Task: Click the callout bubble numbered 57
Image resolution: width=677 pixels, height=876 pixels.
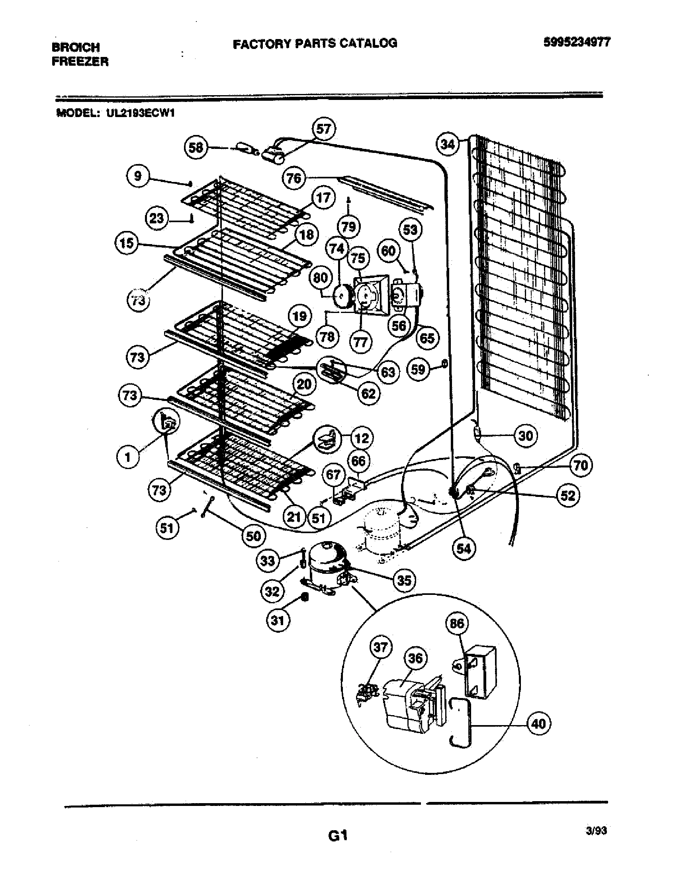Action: pyautogui.click(x=323, y=129)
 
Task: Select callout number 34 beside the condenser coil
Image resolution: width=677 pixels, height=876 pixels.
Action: pyautogui.click(x=448, y=144)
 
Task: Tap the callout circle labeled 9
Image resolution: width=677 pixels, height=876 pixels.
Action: pyautogui.click(x=137, y=176)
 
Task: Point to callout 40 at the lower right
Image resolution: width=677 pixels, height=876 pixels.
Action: pyautogui.click(x=538, y=723)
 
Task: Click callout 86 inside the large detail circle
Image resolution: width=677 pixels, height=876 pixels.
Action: pyautogui.click(x=457, y=623)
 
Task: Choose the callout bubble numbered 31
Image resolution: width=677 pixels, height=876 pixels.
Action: pyautogui.click(x=278, y=620)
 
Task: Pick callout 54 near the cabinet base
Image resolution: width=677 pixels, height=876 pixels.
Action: pyautogui.click(x=464, y=548)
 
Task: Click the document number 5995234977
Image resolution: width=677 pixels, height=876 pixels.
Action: pyautogui.click(x=577, y=42)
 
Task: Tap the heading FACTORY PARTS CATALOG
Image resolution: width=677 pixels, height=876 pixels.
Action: pyautogui.click(x=315, y=43)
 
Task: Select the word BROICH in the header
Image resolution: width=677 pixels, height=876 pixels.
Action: pyautogui.click(x=76, y=47)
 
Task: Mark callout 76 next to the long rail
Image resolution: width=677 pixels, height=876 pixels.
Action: pyautogui.click(x=294, y=178)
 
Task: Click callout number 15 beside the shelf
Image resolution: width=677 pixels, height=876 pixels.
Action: pyautogui.click(x=127, y=243)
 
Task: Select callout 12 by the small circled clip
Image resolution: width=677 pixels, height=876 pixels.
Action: pyautogui.click(x=362, y=438)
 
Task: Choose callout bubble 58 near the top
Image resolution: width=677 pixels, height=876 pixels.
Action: pyautogui.click(x=196, y=148)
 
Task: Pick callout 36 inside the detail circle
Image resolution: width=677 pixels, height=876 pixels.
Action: pyautogui.click(x=415, y=658)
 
